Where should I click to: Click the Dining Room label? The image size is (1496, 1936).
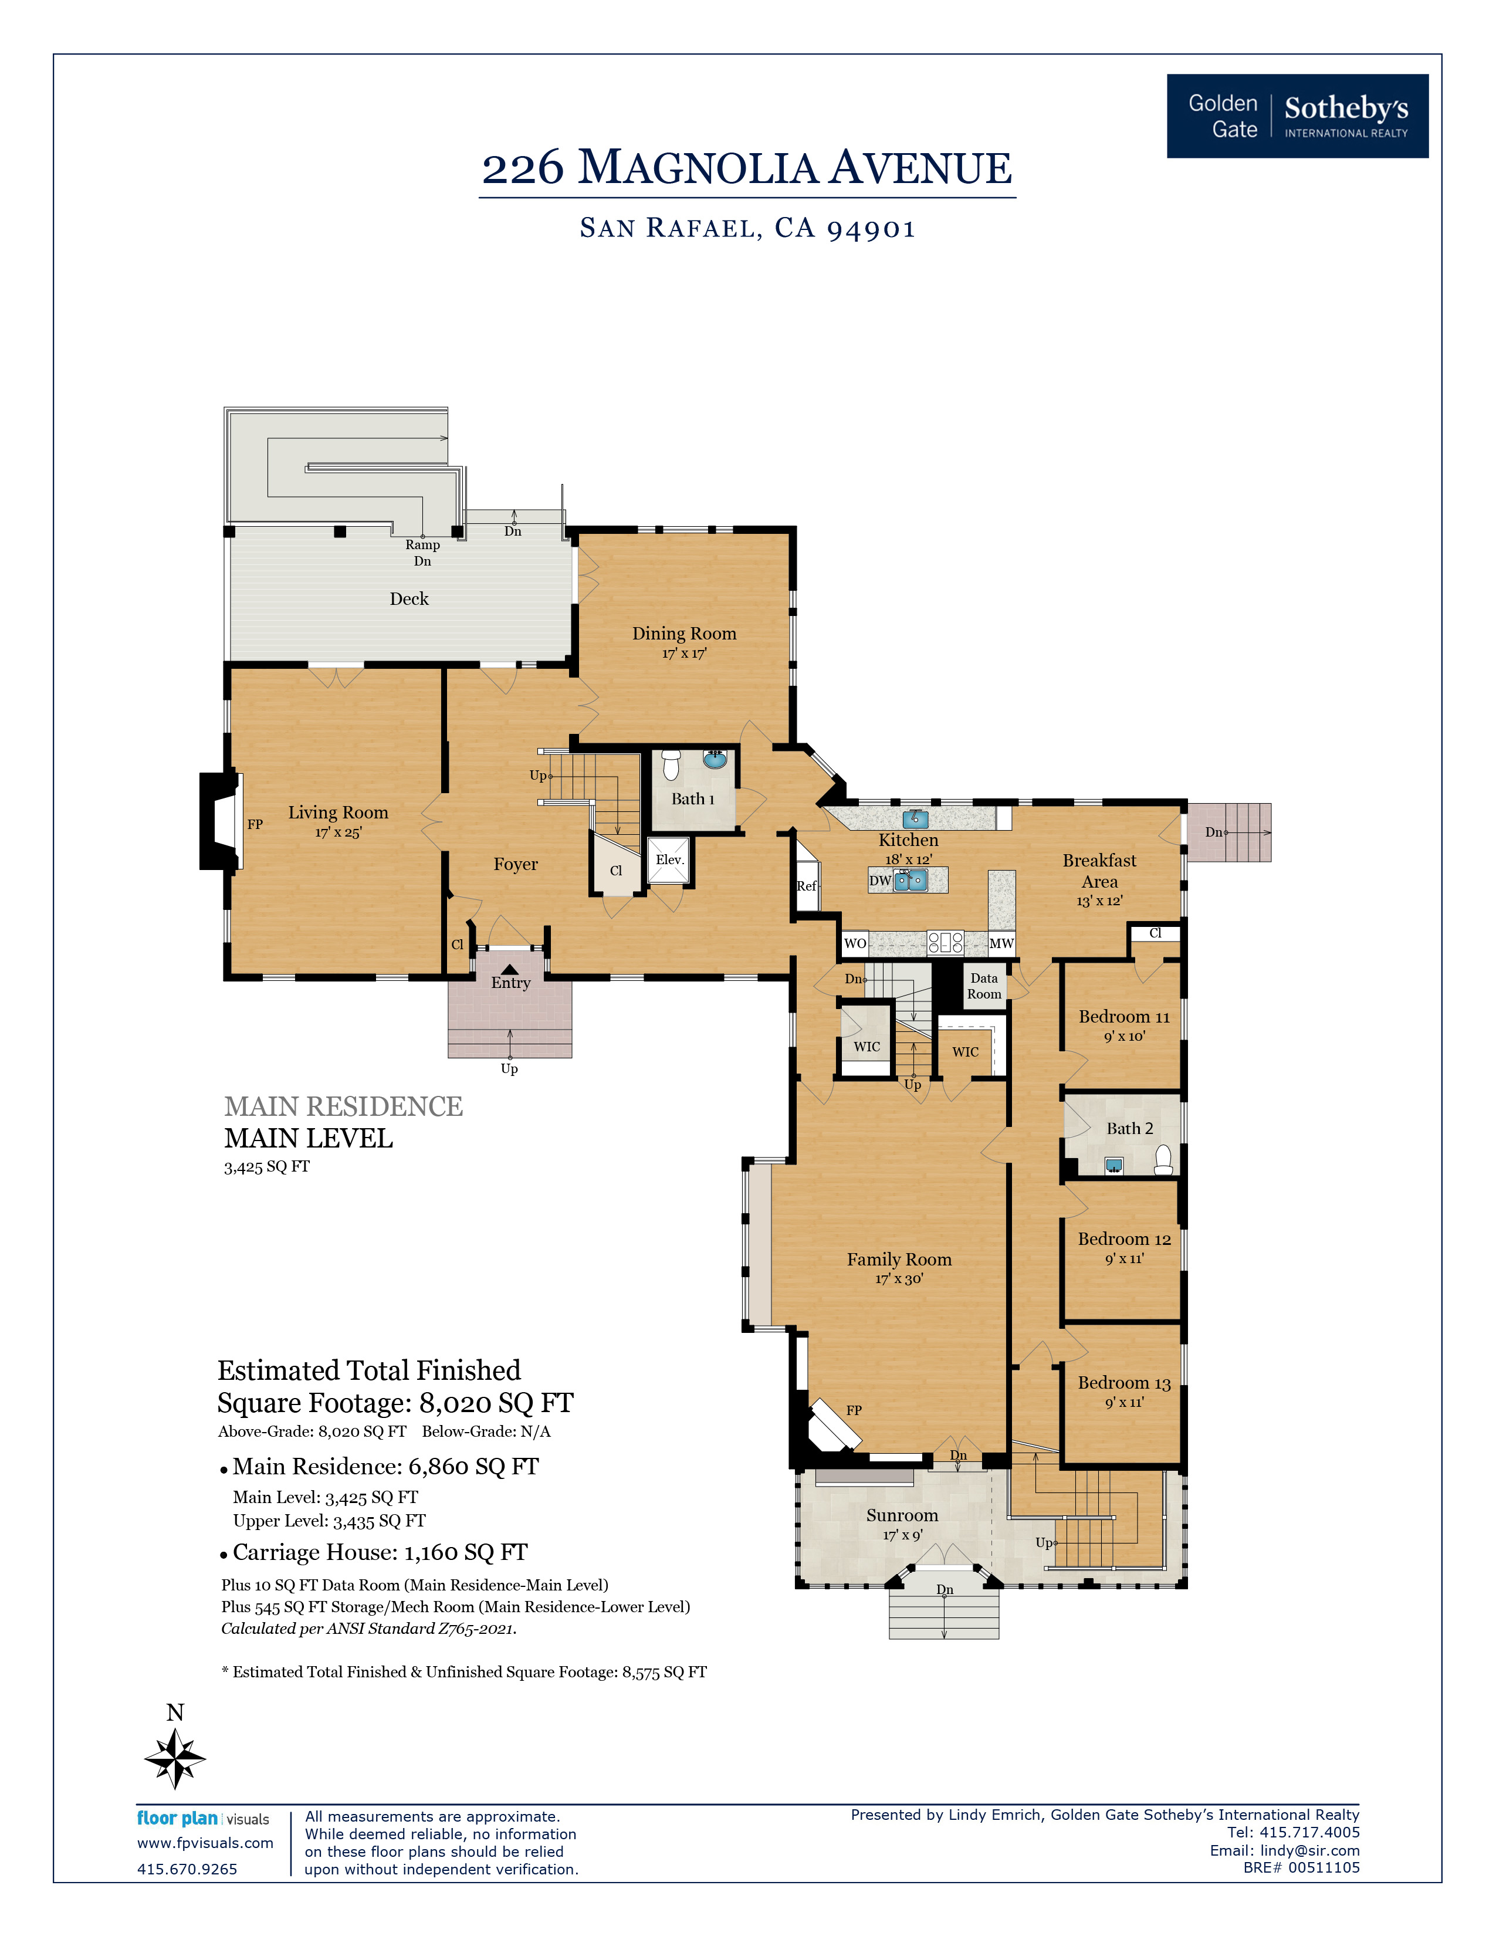point(684,633)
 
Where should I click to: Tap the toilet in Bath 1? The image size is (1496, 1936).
point(671,764)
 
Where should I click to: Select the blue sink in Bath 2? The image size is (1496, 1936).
point(1114,1166)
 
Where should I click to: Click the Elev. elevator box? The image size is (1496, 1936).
point(669,861)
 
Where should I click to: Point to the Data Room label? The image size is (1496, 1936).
point(984,986)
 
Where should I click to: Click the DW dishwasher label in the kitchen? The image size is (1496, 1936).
point(880,880)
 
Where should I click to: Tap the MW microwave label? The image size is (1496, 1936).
point(1001,943)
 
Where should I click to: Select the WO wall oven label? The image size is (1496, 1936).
point(854,943)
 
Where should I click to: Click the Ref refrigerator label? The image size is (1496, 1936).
point(805,885)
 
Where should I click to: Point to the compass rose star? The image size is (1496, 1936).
point(175,1758)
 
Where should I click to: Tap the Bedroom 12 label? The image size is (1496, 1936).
point(1124,1239)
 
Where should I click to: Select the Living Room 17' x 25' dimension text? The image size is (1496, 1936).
point(338,832)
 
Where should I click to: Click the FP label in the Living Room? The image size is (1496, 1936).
point(255,824)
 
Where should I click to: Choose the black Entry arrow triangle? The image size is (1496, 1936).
point(510,969)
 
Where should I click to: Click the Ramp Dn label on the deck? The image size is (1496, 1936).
point(423,552)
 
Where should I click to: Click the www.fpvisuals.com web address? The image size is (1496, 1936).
point(205,1843)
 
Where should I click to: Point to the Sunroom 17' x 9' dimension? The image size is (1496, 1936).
point(902,1535)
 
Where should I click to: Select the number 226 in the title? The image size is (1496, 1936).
point(523,168)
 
